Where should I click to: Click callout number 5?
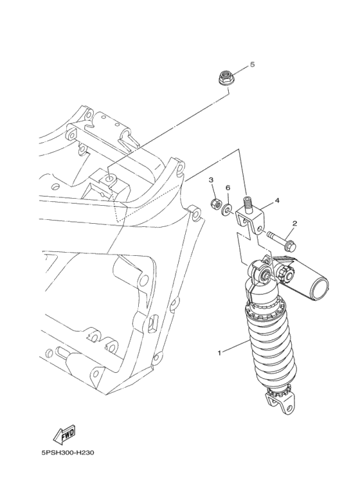coord(253,65)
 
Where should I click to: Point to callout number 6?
coord(228,188)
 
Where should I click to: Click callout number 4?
coord(277,201)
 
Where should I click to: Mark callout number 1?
coord(219,352)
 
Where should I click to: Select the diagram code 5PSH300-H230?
coord(68,453)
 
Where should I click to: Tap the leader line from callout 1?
coord(234,346)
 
